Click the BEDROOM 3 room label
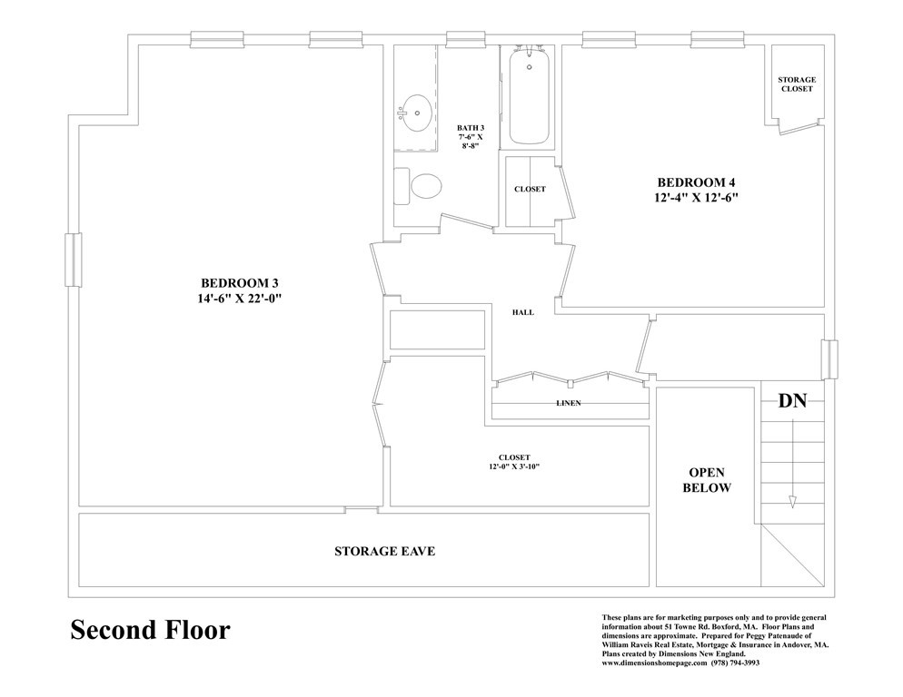[x=240, y=283]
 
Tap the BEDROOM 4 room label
[x=696, y=183]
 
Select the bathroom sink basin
[x=414, y=113]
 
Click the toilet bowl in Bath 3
[x=426, y=186]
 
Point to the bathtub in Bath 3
[x=529, y=96]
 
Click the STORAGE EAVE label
[x=384, y=552]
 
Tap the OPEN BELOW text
[x=707, y=480]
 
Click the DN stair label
[x=792, y=400]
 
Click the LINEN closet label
[x=569, y=403]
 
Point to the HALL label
[x=523, y=312]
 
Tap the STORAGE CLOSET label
[x=797, y=84]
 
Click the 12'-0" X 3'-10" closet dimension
[x=514, y=466]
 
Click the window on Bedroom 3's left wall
[x=74, y=260]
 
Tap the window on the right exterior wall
[x=829, y=359]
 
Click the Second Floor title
[x=150, y=630]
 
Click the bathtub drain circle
[x=530, y=67]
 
